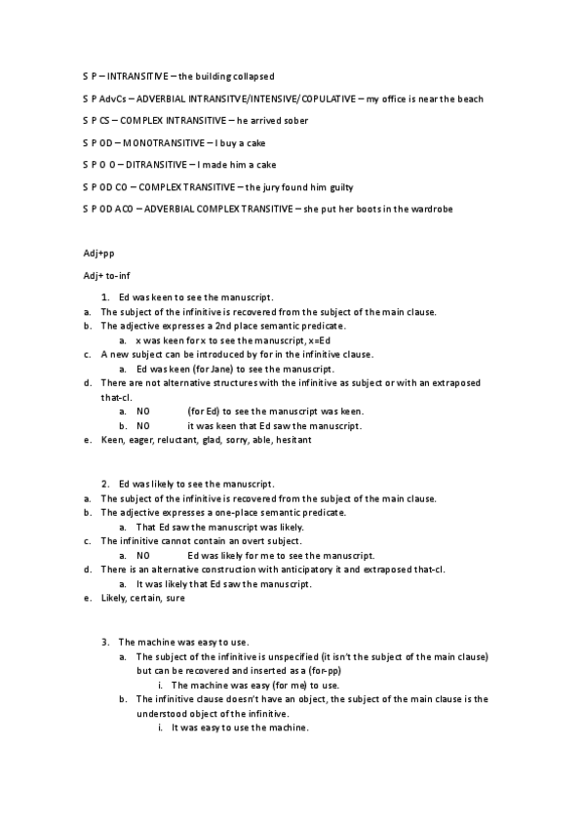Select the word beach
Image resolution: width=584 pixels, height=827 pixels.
(469, 98)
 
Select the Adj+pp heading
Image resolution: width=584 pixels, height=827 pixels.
(99, 254)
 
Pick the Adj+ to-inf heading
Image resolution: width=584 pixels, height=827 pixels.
(105, 276)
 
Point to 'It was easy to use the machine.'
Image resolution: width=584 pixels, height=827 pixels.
(240, 727)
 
